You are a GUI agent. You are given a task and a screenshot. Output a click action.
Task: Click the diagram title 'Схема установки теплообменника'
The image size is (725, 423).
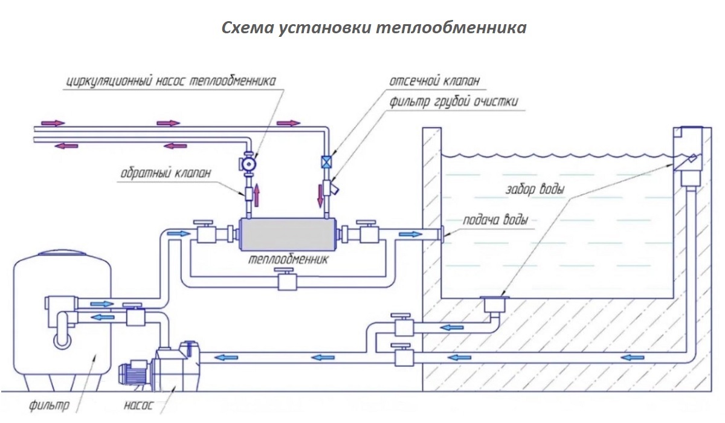tap(374, 28)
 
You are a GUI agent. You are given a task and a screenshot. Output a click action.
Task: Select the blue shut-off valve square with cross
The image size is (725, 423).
tap(327, 163)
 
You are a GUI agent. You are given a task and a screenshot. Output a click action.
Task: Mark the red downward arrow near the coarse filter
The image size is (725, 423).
tap(318, 195)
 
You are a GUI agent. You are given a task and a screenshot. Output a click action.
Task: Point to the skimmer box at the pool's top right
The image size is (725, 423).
tap(688, 154)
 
